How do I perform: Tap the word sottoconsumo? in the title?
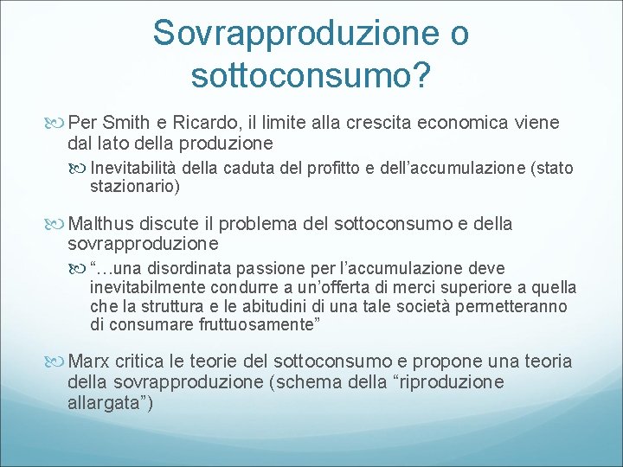pyautogui.click(x=311, y=75)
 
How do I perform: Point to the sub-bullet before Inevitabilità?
pyautogui.click(x=80, y=167)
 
